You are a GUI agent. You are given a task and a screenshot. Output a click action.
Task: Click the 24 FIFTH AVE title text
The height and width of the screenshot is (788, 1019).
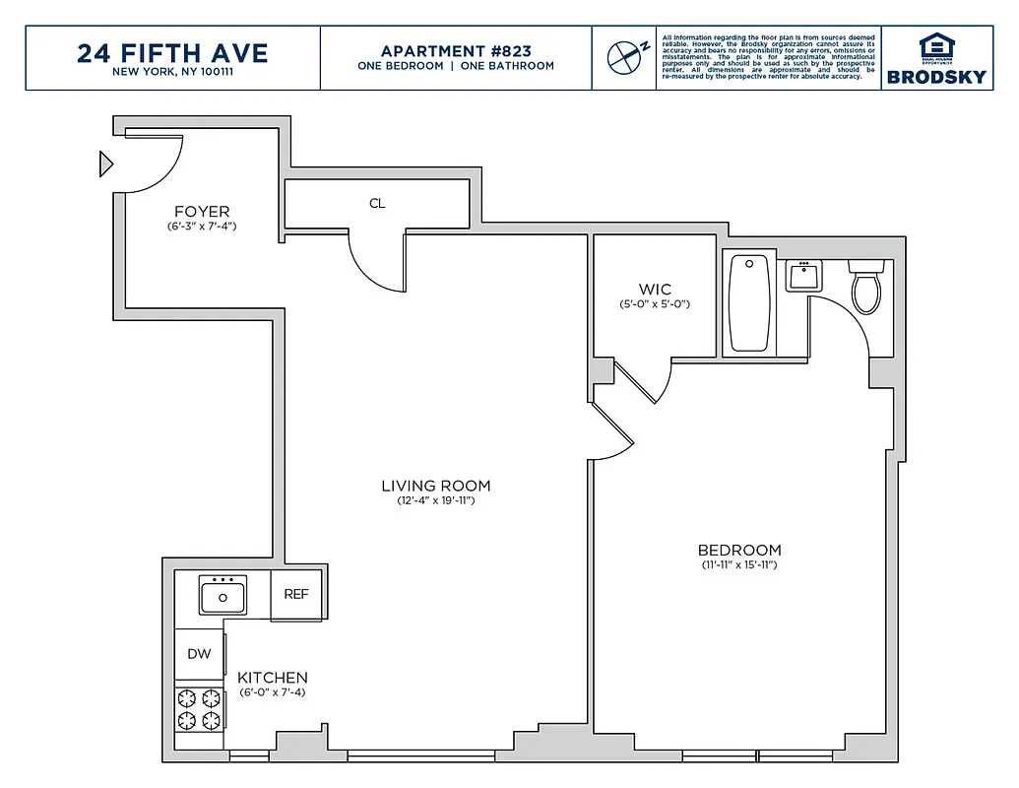click(172, 51)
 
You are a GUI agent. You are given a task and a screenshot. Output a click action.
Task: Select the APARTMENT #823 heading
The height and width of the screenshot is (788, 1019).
click(455, 50)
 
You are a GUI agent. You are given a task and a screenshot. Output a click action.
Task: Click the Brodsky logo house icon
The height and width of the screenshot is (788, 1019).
click(936, 46)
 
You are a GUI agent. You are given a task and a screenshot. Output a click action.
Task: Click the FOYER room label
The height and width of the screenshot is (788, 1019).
click(202, 212)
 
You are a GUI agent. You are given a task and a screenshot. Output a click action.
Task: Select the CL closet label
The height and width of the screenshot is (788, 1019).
click(377, 204)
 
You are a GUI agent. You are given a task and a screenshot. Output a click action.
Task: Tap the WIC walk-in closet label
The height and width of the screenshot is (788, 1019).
click(655, 290)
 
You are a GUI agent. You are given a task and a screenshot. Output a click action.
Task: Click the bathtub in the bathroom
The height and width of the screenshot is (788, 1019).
click(750, 303)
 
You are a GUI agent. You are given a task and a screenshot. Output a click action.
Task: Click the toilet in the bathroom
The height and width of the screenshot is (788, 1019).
click(865, 286)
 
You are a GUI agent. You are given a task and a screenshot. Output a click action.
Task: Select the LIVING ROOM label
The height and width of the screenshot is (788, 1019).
click(435, 486)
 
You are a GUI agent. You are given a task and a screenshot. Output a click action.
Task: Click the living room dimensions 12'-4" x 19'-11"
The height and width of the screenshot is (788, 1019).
click(435, 501)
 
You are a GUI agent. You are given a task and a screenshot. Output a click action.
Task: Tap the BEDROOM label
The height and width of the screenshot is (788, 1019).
click(739, 550)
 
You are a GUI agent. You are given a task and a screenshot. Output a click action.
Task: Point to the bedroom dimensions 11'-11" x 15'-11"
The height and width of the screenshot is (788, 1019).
click(739, 565)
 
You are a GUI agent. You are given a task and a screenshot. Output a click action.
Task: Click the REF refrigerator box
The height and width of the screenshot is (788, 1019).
click(296, 594)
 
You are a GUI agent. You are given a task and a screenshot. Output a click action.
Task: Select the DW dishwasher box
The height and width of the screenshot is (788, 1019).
click(199, 653)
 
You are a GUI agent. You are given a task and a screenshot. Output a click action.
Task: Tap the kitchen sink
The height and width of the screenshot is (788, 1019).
click(223, 595)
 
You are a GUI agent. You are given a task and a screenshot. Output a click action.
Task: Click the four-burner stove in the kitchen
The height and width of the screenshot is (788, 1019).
click(200, 709)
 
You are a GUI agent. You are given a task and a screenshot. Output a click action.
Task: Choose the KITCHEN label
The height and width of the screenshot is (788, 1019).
click(273, 678)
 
